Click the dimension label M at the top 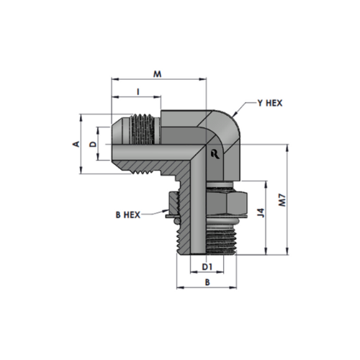[158, 74]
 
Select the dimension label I [138, 92]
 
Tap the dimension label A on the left [76, 144]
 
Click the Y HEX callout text [270, 103]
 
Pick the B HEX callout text [128, 215]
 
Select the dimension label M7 [283, 199]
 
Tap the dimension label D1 [207, 266]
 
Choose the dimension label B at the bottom [207, 282]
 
